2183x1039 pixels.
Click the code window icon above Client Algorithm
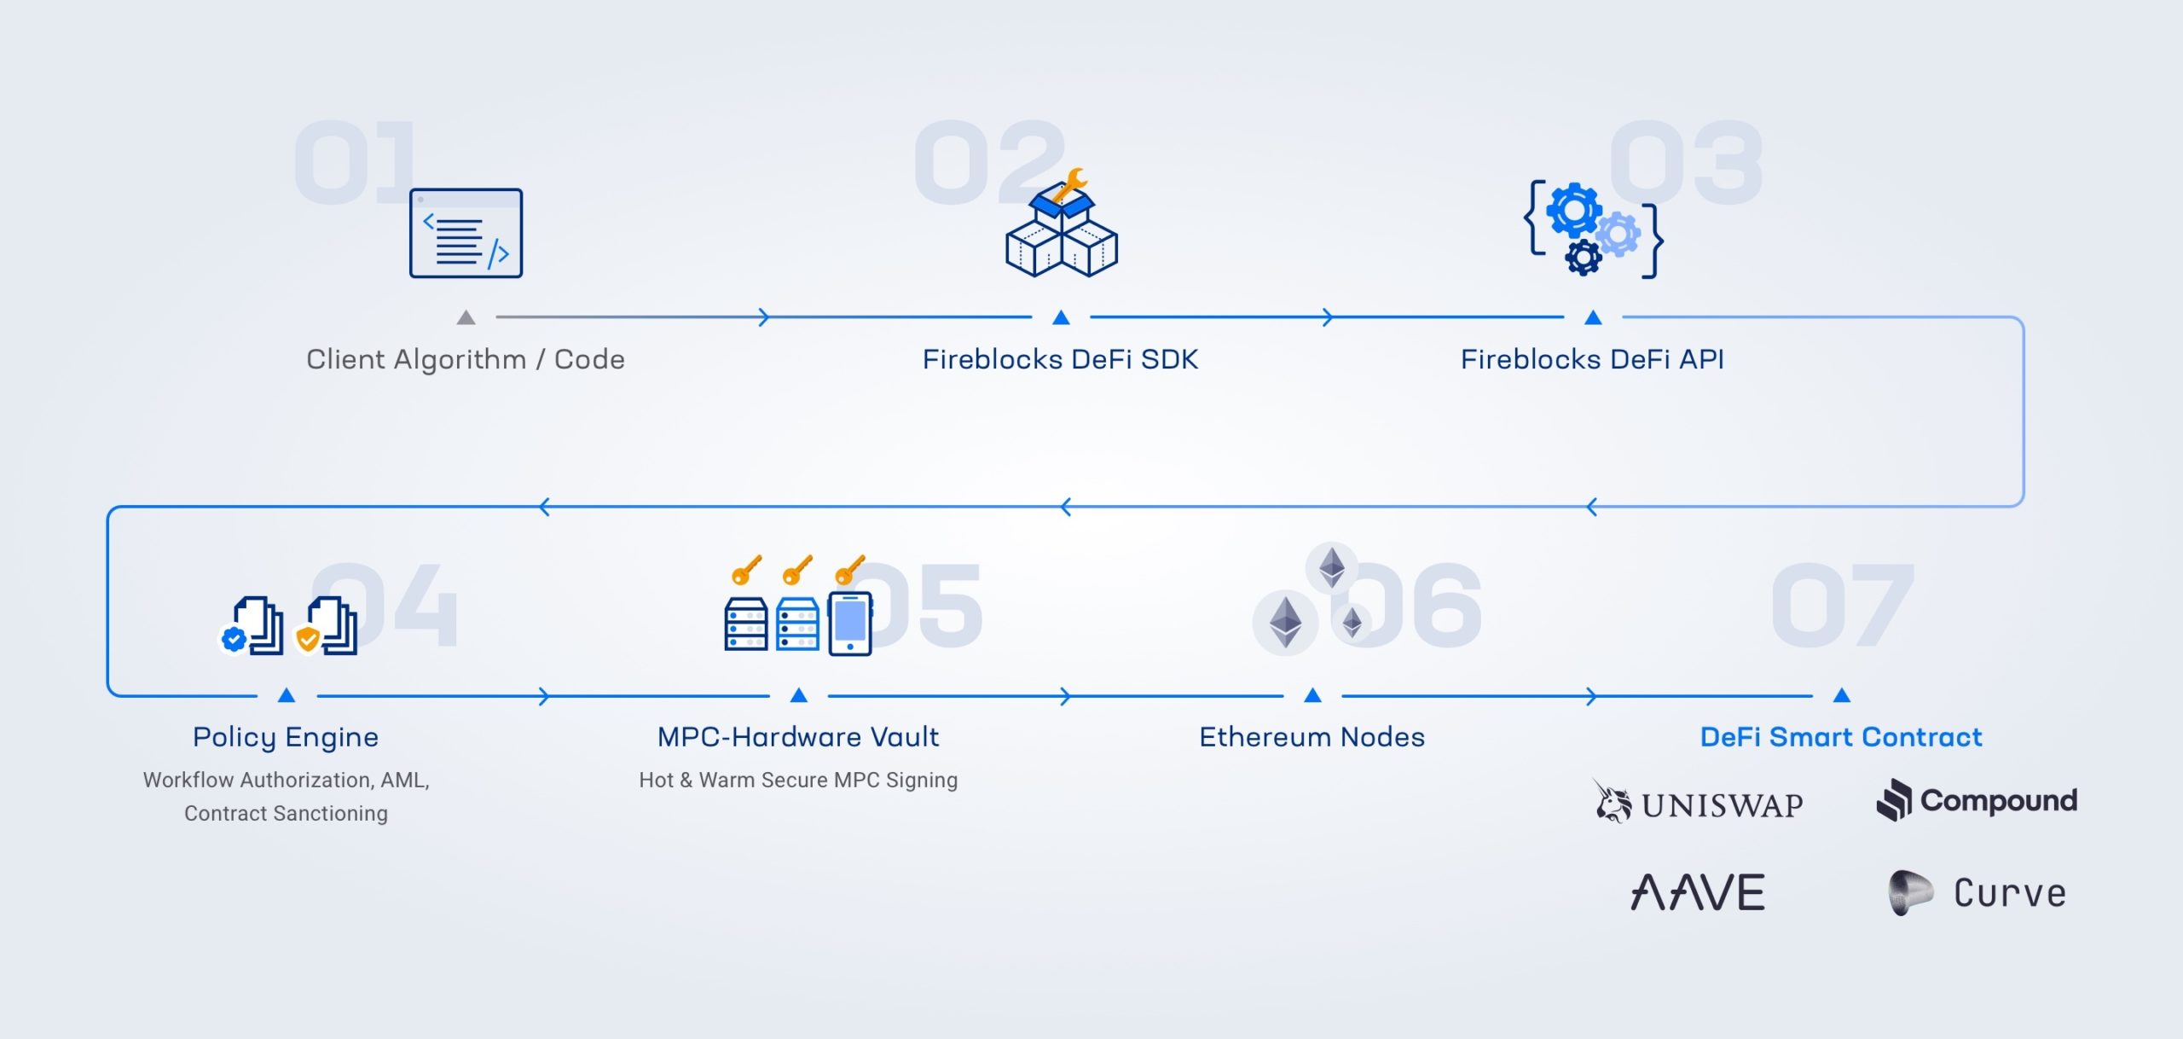click(x=466, y=233)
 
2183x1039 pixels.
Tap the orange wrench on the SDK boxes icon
click(x=1069, y=184)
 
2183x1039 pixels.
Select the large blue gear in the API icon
click(x=1573, y=209)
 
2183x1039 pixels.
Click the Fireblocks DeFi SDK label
click(x=1060, y=359)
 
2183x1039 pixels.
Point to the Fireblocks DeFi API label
click(x=1592, y=359)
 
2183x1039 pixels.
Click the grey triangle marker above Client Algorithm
click(x=466, y=318)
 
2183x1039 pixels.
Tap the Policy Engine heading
click(x=286, y=737)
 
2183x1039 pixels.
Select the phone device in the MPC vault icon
click(x=850, y=624)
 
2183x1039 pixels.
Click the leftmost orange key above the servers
click(x=746, y=570)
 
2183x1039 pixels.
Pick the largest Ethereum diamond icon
click(x=1285, y=622)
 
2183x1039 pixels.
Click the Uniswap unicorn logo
click(x=1612, y=802)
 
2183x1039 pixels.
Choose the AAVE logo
click(x=1698, y=892)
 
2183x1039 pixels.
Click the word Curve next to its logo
click(x=2010, y=893)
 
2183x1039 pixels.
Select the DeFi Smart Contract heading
click(x=1841, y=737)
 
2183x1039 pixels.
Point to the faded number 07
click(x=1842, y=606)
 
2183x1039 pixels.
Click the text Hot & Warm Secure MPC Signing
click(x=798, y=780)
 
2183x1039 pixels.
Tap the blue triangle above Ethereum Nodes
click(x=1313, y=695)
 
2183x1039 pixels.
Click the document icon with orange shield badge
click(x=327, y=627)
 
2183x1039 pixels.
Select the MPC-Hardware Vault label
click(x=798, y=737)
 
